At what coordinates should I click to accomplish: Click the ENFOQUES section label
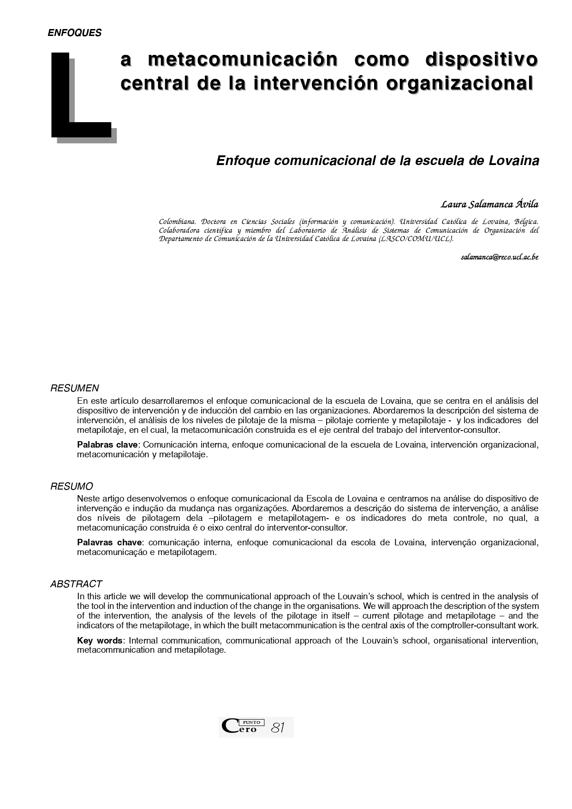click(x=74, y=33)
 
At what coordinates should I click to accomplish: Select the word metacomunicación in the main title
click(x=243, y=60)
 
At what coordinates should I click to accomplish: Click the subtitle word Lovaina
click(x=513, y=161)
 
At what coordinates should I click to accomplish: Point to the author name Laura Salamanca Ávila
click(x=489, y=204)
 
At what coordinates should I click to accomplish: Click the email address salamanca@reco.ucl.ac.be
click(x=499, y=257)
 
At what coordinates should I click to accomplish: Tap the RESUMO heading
click(x=71, y=486)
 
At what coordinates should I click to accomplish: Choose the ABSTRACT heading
click(x=76, y=584)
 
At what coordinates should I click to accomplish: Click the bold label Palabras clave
click(x=107, y=445)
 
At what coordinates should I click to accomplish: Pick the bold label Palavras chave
click(x=109, y=543)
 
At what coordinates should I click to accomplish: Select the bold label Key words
click(x=100, y=640)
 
